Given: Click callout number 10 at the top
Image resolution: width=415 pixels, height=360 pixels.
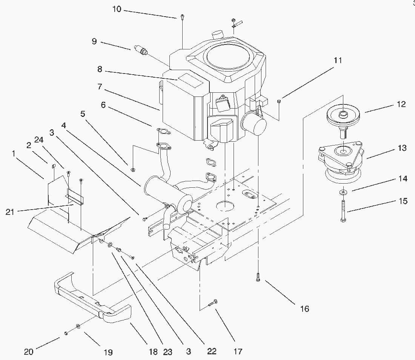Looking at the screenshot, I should [117, 9].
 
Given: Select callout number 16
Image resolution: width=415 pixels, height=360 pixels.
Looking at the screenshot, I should [304, 309].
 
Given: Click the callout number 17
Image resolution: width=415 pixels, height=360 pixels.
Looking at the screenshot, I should [238, 352].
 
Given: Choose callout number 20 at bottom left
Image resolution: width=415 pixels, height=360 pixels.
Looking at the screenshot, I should [29, 352].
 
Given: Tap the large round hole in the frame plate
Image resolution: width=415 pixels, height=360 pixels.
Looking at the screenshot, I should [226, 207].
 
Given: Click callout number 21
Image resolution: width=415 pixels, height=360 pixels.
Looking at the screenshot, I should [10, 212].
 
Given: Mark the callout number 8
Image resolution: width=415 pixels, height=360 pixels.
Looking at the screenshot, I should [100, 69].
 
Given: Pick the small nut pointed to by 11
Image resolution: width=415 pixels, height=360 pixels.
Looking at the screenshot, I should [279, 101].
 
